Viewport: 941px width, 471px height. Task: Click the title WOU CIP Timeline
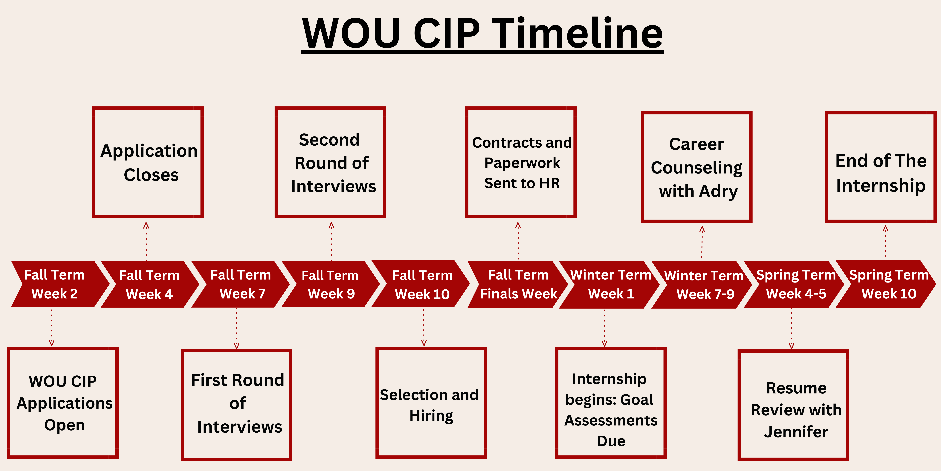coord(482,34)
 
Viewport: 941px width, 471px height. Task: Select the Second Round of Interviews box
coord(330,162)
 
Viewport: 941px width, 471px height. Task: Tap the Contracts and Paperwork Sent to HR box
coord(521,162)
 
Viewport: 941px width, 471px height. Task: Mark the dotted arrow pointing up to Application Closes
coord(146,241)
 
